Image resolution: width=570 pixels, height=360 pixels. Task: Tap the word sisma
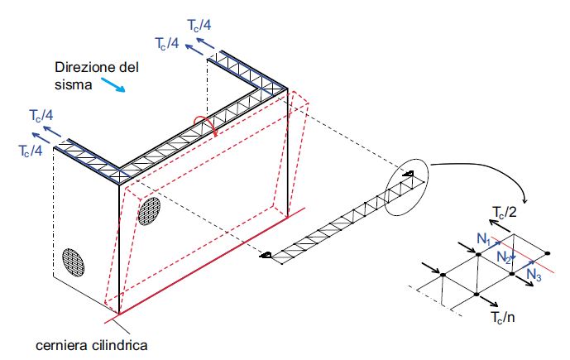73,84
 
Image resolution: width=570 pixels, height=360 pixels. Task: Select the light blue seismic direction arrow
113,84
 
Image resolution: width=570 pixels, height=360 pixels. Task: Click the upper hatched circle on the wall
149,211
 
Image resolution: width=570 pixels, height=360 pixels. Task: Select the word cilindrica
120,345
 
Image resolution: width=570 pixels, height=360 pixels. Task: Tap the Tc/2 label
504,212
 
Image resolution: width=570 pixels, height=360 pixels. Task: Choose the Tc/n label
503,317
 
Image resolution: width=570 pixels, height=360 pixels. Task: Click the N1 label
484,239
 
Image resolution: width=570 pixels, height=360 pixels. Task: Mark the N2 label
504,257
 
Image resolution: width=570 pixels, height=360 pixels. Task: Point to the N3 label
534,274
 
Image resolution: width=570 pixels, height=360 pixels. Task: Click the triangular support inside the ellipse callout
408,174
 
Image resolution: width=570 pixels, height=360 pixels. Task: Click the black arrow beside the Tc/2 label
501,225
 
